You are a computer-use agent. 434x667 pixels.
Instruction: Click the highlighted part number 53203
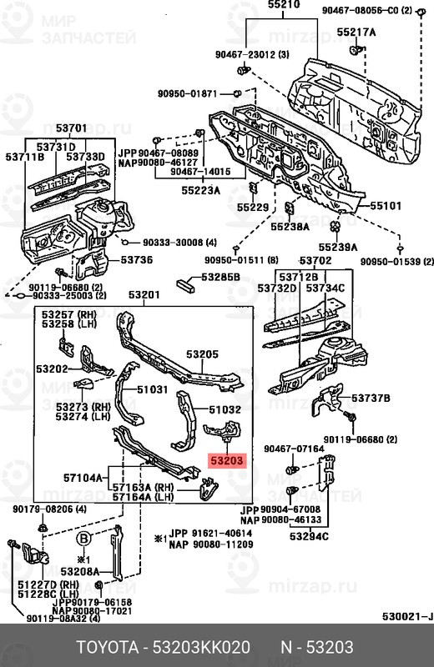click(x=228, y=459)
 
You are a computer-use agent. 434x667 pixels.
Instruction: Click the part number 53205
click(x=202, y=354)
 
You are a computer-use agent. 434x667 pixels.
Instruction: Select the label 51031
click(x=153, y=389)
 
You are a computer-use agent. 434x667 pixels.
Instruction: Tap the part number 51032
click(x=225, y=409)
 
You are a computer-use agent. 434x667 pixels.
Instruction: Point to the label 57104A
click(x=83, y=478)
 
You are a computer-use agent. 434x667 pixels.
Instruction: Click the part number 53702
click(x=316, y=261)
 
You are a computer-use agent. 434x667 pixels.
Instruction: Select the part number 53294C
click(x=309, y=535)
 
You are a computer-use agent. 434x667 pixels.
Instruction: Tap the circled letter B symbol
click(x=83, y=539)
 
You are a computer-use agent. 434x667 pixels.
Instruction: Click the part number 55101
click(x=386, y=205)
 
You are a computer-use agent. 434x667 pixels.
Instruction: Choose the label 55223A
click(x=202, y=191)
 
